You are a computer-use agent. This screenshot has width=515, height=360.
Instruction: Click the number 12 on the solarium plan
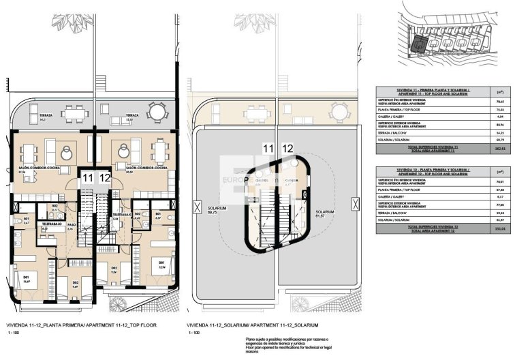287,148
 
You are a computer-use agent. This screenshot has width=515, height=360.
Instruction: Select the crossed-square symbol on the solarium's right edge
354,204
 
